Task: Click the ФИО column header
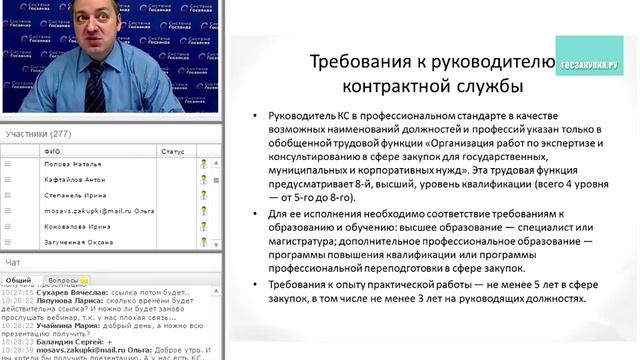tap(52, 151)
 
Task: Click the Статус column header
tap(172, 151)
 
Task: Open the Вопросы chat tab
tap(64, 281)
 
